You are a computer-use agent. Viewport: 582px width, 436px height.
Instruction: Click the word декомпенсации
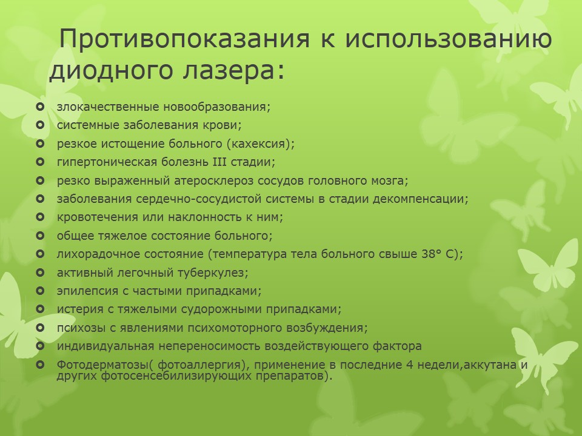click(418, 199)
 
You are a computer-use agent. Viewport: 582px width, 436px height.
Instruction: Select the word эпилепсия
click(87, 291)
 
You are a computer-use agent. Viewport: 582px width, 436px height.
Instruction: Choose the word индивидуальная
click(105, 346)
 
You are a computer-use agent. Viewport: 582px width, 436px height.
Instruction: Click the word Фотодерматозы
click(102, 365)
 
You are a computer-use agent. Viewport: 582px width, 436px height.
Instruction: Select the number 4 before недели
click(410, 365)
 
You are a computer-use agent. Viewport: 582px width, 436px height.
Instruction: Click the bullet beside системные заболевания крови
click(40, 125)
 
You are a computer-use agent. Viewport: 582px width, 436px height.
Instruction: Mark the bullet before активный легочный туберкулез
click(40, 273)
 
